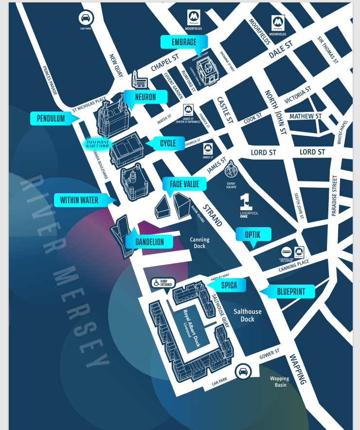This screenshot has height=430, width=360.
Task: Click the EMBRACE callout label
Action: point(183,42)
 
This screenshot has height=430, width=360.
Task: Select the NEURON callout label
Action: point(145,97)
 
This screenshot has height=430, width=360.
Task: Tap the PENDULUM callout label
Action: point(51,118)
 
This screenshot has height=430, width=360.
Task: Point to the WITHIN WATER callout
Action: point(79,200)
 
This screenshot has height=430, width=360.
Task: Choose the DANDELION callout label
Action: point(150,242)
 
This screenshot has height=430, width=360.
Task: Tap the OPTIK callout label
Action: point(253,234)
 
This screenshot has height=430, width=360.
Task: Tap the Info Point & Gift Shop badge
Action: point(98,144)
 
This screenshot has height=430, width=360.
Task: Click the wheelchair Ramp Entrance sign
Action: point(162,283)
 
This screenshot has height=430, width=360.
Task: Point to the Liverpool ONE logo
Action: point(247,204)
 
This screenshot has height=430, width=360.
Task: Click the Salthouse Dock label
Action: point(248,315)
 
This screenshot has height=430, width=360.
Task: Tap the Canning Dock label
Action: point(199,243)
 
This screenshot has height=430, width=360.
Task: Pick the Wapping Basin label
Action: point(280,381)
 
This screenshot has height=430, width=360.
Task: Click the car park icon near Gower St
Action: point(242,372)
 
